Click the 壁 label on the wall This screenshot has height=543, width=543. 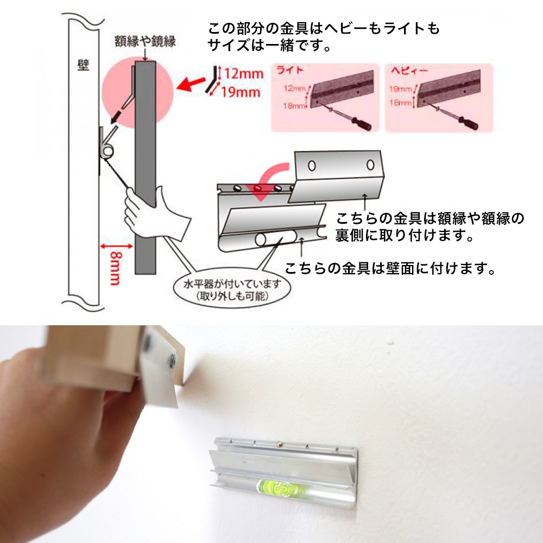click(83, 66)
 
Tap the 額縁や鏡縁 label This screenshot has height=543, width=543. click(145, 41)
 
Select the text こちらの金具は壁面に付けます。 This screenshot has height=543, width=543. click(391, 268)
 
